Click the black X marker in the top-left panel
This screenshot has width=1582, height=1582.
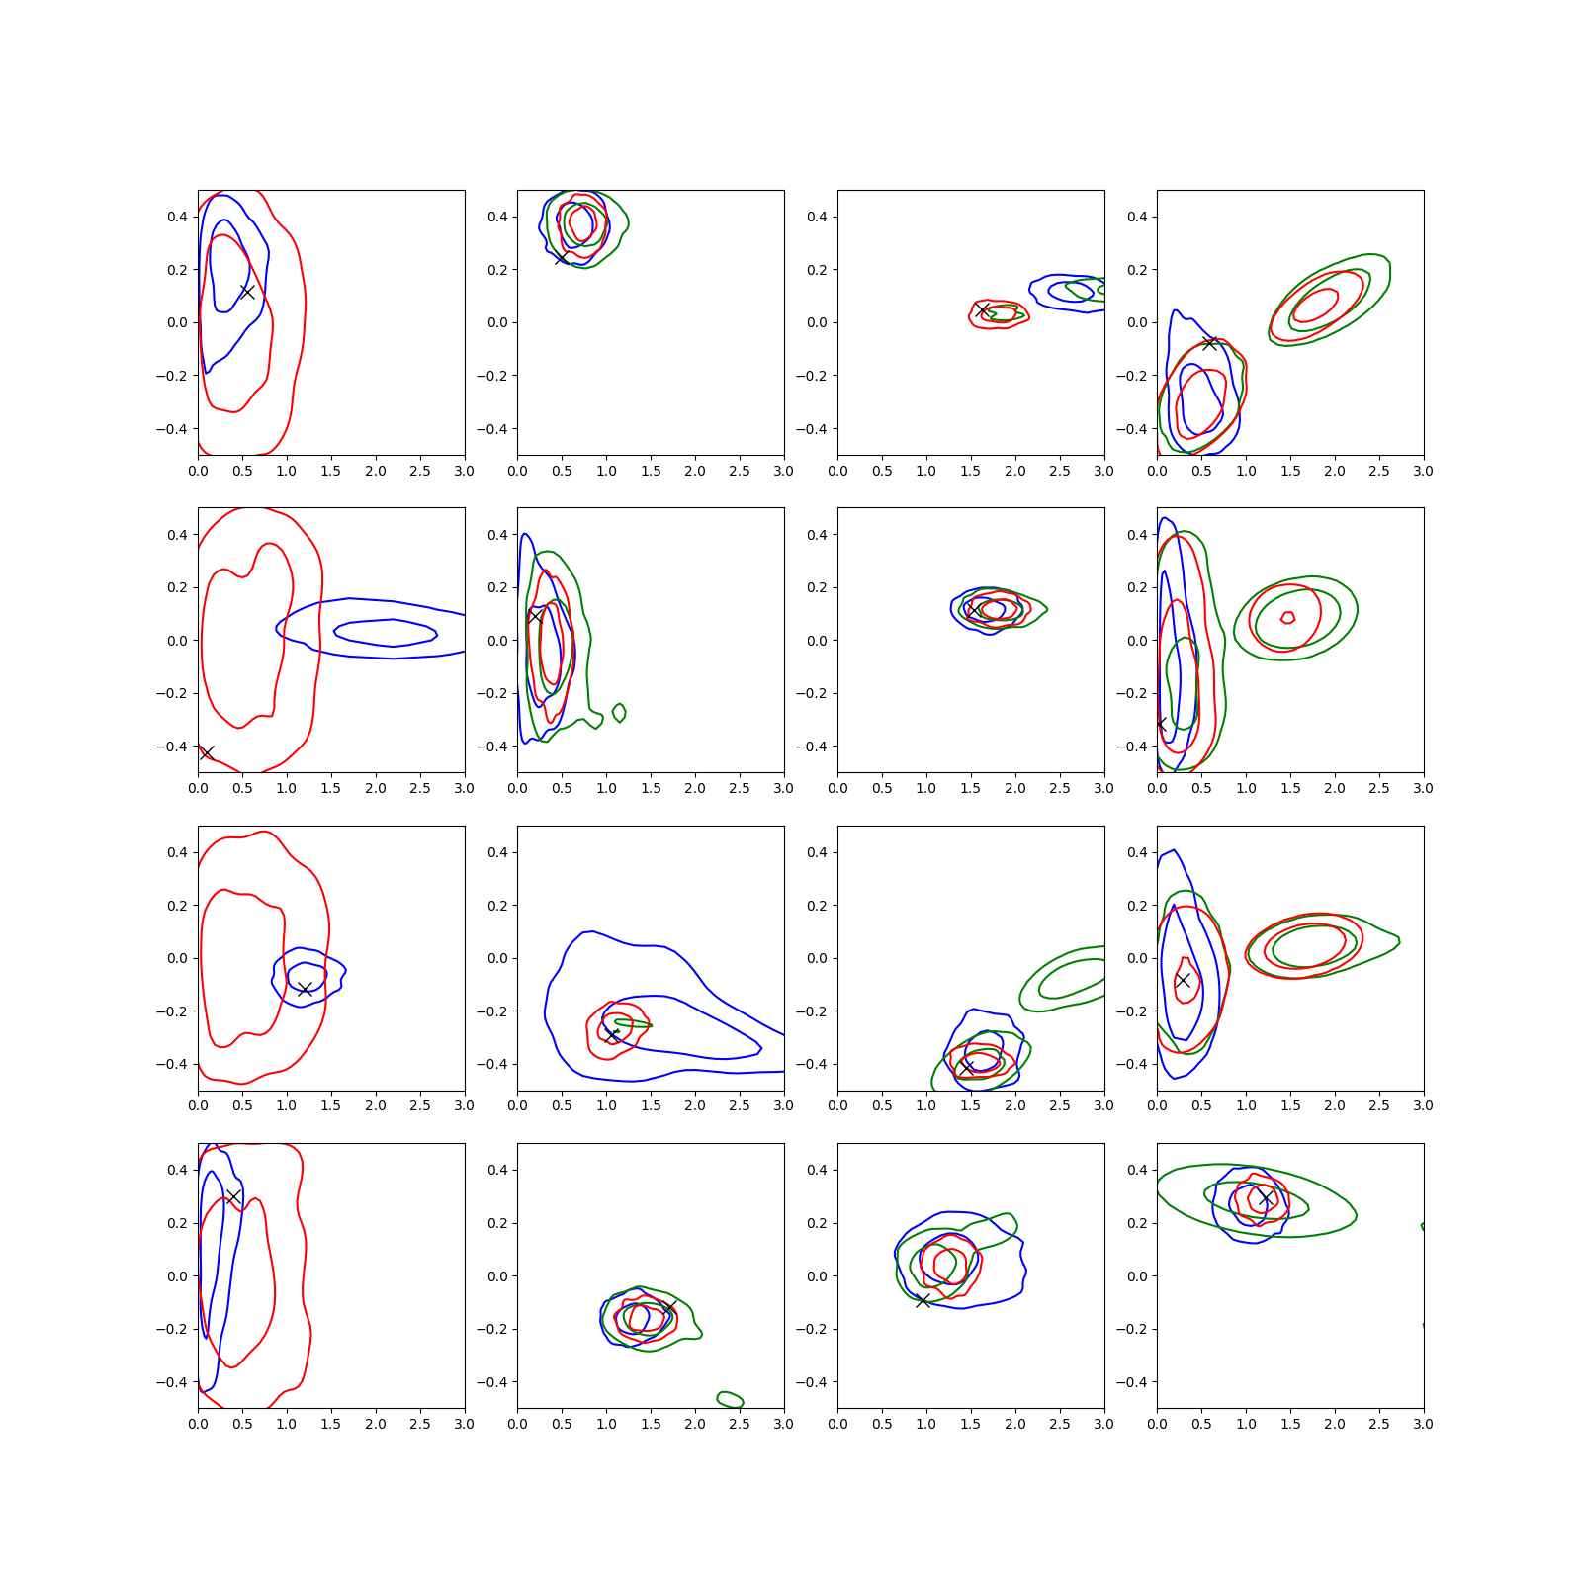pos(247,292)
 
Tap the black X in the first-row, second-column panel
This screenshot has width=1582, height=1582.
pos(562,258)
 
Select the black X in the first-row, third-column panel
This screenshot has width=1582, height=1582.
pos(982,310)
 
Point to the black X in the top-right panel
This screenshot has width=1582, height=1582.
pos(1209,343)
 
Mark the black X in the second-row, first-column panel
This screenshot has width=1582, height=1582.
pos(207,753)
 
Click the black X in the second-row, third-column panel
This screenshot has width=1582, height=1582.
pos(975,610)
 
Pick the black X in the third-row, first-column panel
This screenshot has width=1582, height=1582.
pos(305,989)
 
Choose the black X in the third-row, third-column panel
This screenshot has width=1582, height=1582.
pos(967,1068)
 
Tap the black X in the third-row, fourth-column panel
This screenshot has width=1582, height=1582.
pos(1183,980)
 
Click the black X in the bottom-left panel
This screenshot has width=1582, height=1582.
pos(234,1196)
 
